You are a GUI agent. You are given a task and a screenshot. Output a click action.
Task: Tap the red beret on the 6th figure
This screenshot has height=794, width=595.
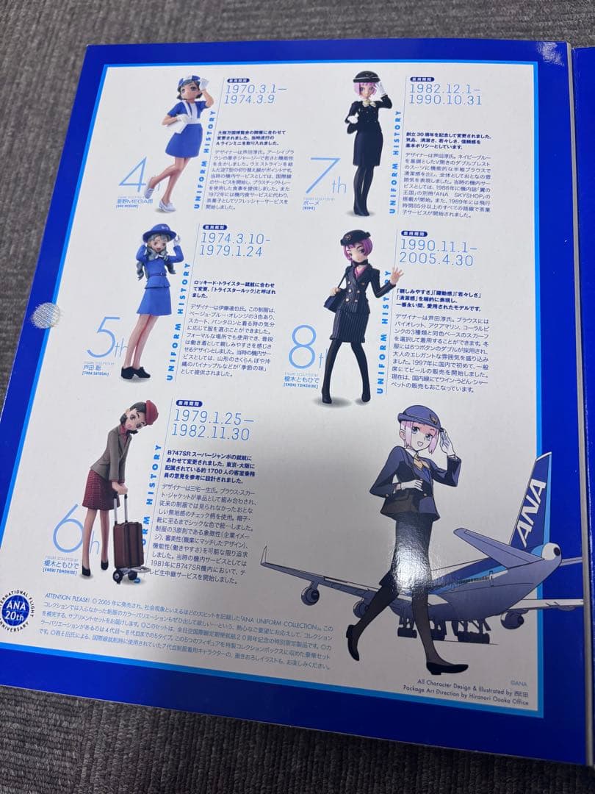(150, 408)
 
